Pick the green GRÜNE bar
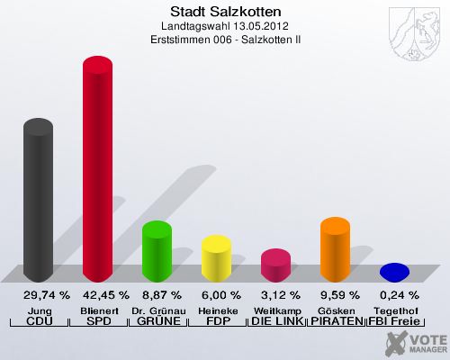pyautogui.click(x=157, y=250)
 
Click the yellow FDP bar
pyautogui.click(x=216, y=257)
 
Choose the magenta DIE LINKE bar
pyautogui.click(x=275, y=265)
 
